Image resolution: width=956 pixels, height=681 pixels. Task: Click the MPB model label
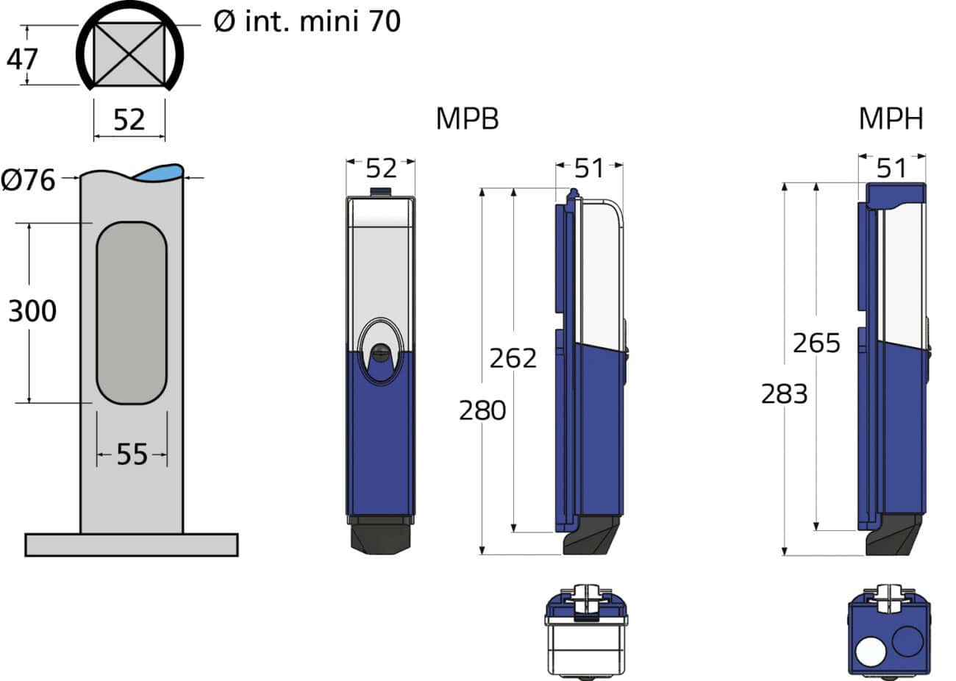coord(467,118)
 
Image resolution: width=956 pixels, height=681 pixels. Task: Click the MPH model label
coord(891,118)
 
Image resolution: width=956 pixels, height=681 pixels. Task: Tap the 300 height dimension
coord(32,311)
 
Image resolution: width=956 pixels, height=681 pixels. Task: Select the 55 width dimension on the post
coord(132,455)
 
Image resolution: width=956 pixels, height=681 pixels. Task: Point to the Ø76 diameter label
coord(29,179)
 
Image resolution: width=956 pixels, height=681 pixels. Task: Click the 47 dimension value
coord(22,58)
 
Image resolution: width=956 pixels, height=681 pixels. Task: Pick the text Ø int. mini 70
coord(307,21)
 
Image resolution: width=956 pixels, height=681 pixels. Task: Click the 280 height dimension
coord(482,410)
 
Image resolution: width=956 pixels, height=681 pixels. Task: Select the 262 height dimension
coord(513,358)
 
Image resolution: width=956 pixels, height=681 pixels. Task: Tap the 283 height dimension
coord(784,394)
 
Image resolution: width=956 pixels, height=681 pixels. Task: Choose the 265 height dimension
coord(816,343)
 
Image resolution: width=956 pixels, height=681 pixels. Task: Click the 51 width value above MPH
coord(892,168)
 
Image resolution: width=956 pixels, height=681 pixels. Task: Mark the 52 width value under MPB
coord(381,168)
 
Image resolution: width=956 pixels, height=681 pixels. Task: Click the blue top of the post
coord(158,174)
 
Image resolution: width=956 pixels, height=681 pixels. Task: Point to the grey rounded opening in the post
coord(132,313)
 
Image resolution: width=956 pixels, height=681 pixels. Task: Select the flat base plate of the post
coord(132,544)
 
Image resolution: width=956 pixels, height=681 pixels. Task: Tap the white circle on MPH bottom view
coord(871,652)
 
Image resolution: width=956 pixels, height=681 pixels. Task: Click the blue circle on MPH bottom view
coord(907,641)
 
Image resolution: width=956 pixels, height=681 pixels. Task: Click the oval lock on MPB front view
coord(380,352)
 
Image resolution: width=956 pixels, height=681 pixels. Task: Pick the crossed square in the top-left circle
coord(129,52)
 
